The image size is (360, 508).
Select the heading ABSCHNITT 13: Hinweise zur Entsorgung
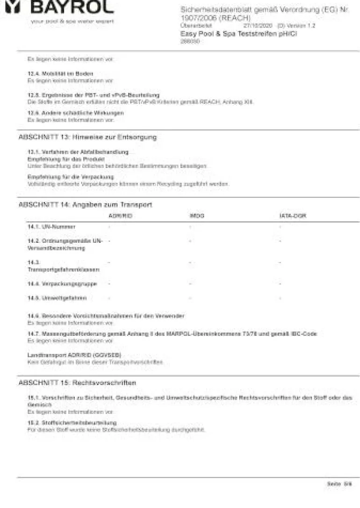point(87,138)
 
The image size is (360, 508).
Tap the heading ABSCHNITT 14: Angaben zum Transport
point(85,205)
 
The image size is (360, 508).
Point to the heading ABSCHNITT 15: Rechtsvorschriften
point(77,383)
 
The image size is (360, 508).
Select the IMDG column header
point(197,216)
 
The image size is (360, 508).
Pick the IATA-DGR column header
point(293,216)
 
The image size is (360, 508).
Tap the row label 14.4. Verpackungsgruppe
point(62,283)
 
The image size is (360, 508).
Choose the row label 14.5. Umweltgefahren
point(57,298)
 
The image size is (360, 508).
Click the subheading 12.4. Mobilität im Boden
point(60,74)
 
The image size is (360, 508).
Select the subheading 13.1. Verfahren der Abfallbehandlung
point(78,152)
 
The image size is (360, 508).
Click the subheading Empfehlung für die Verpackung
point(71,177)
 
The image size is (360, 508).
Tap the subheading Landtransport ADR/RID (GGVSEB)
point(75,355)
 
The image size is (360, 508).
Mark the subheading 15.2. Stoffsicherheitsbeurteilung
point(72,422)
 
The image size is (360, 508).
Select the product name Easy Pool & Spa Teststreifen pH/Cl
point(239,34)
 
